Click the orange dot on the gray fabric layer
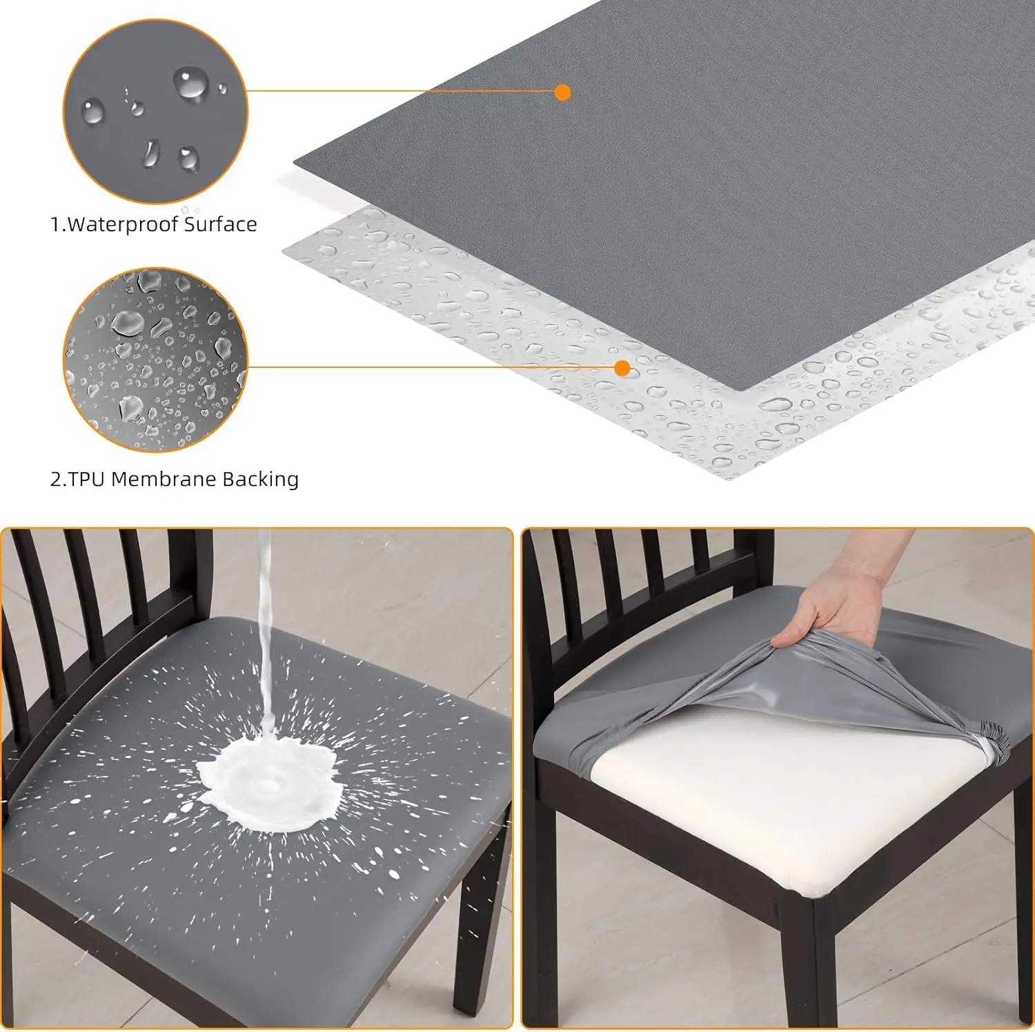562,92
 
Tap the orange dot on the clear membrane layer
622,368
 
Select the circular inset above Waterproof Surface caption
155,112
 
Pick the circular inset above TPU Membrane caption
155,360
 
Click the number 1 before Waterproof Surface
55,225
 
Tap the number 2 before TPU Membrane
56,480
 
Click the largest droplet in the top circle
190,84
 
